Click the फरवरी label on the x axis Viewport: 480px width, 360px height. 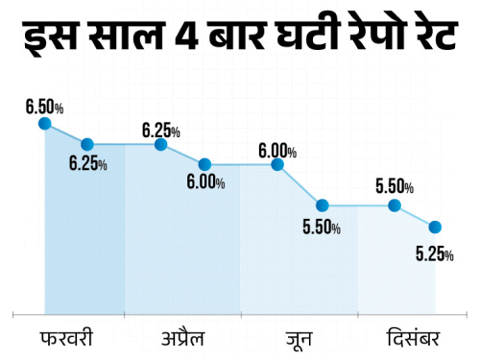67,338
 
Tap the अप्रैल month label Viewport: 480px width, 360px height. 182,338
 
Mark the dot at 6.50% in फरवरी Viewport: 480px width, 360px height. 44,123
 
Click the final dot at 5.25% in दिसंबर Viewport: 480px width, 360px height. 435,227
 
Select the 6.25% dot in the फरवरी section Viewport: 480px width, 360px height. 87,144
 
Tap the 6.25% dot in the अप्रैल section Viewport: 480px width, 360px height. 160,144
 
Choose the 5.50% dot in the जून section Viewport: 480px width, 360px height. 323,205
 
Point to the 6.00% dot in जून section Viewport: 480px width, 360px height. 278,164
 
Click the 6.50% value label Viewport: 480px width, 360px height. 44,102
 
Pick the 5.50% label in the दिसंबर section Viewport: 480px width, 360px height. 395,185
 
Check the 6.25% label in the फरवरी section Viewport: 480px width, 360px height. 87,165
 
